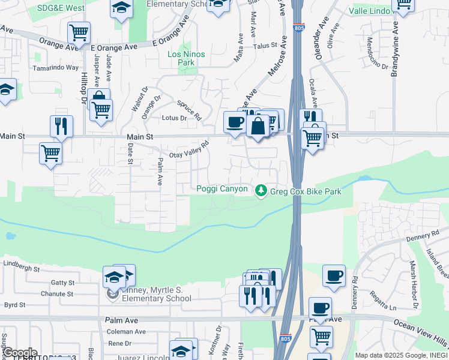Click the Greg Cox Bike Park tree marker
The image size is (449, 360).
coord(261,190)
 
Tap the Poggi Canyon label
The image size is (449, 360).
coord(222,189)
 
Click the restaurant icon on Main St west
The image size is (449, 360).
coord(61,126)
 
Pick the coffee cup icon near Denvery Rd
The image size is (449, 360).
coord(334,276)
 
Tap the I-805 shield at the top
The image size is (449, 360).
coord(298,28)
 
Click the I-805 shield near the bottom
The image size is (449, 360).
coord(285,339)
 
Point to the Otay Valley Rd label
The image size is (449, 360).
coord(188,149)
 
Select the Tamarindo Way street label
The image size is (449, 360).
coord(56,68)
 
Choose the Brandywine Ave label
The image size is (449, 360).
coord(394,50)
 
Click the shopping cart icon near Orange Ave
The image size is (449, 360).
coord(79,32)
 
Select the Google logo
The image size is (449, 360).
coord(19,352)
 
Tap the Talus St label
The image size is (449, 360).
coord(265,45)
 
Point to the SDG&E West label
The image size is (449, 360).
coord(61,8)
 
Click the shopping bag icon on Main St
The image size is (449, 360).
coord(258,126)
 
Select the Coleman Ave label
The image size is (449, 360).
coord(126,331)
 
